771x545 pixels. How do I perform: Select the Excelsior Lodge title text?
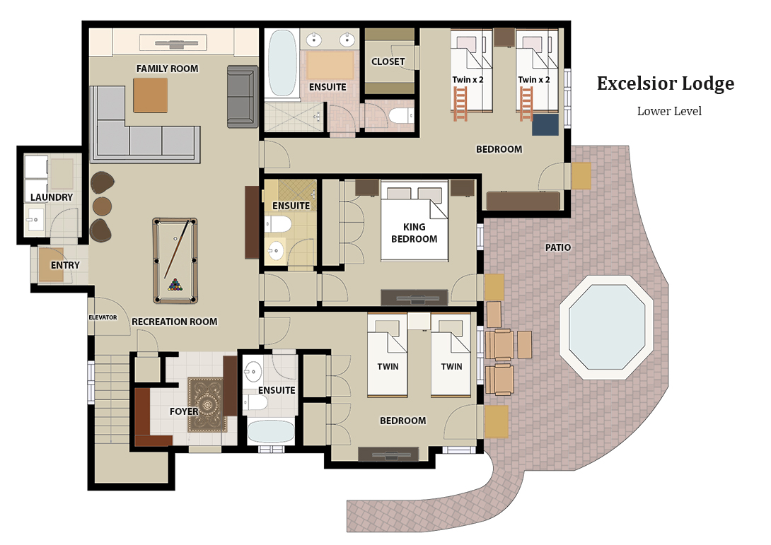(x=665, y=83)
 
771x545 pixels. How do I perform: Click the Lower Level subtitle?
(x=669, y=111)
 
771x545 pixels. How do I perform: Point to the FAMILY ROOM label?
(x=167, y=69)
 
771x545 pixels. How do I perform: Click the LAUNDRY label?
(x=52, y=197)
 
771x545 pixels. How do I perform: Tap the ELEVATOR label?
(x=103, y=317)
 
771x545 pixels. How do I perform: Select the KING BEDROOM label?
(x=415, y=233)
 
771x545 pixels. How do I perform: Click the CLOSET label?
(x=388, y=61)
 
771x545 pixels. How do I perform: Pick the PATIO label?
(x=558, y=247)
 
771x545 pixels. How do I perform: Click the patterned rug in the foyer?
(x=207, y=405)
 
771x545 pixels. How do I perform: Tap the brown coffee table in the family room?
(x=151, y=95)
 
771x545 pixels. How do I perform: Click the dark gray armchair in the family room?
(x=241, y=97)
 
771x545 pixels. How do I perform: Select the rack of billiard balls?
(x=175, y=286)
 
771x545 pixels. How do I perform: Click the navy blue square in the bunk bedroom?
(x=545, y=125)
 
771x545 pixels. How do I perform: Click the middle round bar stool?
(x=103, y=206)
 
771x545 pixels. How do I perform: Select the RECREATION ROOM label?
(x=174, y=322)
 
